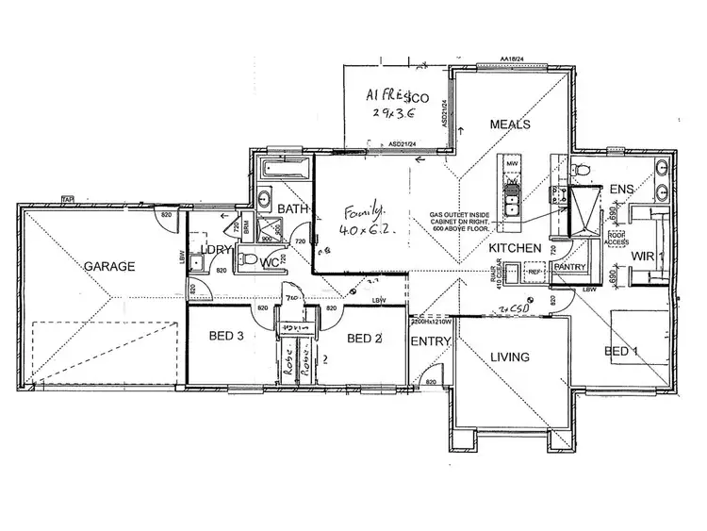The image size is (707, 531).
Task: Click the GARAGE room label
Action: coord(109,267)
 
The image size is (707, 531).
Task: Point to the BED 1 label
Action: coord(622,351)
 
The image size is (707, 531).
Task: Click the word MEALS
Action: coord(510,124)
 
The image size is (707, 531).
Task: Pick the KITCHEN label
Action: coord(515,248)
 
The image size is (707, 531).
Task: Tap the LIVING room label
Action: coord(510,357)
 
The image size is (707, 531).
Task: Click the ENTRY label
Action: coord(429,341)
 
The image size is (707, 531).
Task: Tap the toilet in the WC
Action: coord(249,259)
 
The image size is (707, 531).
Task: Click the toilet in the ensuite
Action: coord(582,169)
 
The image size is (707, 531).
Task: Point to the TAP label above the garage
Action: coord(66,199)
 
